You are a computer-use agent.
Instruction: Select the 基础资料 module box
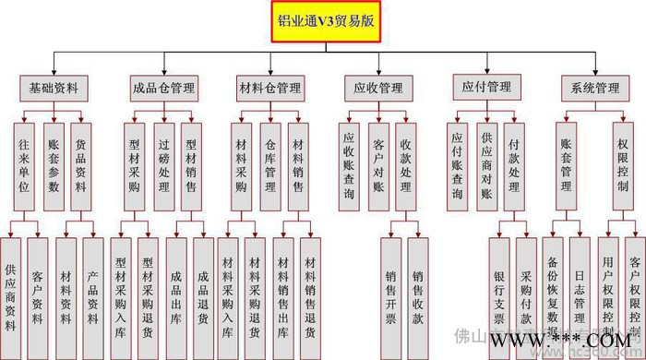(53, 90)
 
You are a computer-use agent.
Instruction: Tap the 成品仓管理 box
(162, 90)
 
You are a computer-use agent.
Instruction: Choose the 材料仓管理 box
(269, 90)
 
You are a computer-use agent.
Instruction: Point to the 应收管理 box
(378, 90)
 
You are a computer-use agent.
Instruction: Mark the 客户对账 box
(378, 159)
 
